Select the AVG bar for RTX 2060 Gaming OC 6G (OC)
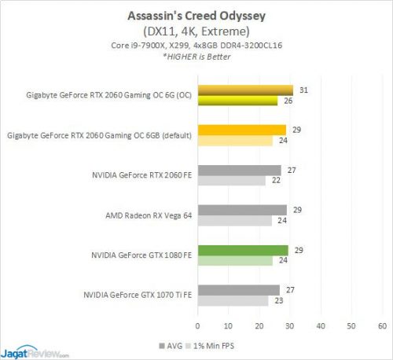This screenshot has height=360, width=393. tap(244, 90)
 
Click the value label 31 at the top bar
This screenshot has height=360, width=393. tap(304, 90)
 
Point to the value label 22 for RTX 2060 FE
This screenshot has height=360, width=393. tap(276, 181)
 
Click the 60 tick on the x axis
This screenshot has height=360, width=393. tap(383, 324)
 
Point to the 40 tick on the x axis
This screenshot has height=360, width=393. tap(321, 324)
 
